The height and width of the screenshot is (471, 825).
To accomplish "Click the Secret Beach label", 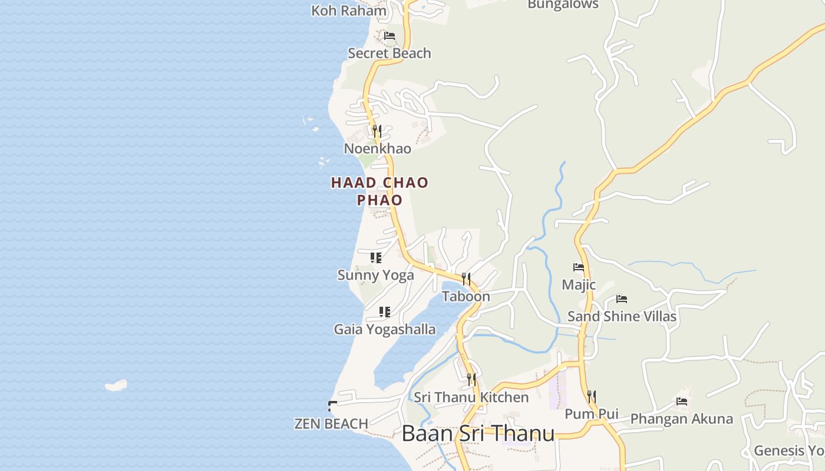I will tap(390, 53).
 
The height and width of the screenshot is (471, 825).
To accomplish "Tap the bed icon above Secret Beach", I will tap(390, 36).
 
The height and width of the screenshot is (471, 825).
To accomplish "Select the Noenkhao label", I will tap(378, 148).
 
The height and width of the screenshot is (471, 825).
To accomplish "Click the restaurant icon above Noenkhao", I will tap(377, 131).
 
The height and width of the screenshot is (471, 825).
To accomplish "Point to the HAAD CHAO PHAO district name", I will tap(379, 191).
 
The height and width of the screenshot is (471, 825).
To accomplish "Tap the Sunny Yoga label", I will tap(375, 275).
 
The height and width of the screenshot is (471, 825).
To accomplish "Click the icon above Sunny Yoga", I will tap(376, 258).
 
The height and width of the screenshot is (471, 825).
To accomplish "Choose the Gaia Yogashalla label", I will tap(385, 329).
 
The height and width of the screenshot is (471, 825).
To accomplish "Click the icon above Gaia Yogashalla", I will tap(385, 312).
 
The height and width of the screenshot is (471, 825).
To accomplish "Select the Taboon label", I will tap(466, 296).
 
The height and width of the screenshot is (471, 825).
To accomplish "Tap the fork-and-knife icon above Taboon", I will tap(466, 278).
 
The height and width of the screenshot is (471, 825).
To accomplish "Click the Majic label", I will tap(579, 285).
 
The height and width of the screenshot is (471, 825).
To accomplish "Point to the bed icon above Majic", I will tap(579, 267).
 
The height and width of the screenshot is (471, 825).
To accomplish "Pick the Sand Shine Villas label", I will tap(622, 317).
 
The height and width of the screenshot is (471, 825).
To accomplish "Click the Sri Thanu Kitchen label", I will tap(471, 397).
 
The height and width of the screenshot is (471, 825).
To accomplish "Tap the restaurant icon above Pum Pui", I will tap(592, 396).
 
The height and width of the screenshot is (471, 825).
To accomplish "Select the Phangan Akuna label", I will tap(682, 419).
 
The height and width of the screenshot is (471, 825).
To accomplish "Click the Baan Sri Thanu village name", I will tap(478, 434).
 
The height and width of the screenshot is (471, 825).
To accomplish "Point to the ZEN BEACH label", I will tap(331, 423).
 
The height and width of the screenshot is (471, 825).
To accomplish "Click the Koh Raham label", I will tap(349, 11).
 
